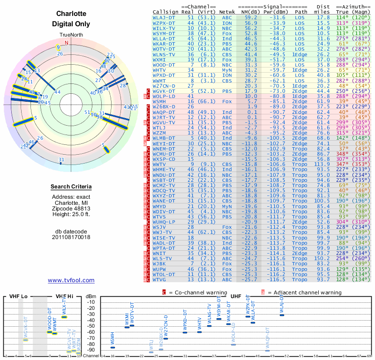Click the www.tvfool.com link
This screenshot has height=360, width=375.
coord(71,280)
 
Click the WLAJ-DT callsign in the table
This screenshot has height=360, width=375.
coord(164,17)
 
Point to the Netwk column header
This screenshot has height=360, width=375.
coord(227,12)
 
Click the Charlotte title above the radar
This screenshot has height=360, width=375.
coord(71,14)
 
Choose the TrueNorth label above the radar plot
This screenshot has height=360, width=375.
coord(70,36)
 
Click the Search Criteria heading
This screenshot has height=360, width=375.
coord(71,187)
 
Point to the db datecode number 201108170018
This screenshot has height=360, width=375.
coord(71,237)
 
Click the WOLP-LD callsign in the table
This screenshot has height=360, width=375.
coord(164,96)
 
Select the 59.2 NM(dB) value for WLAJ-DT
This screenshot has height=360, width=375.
coord(250,17)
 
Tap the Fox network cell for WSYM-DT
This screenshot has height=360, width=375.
coord(226,33)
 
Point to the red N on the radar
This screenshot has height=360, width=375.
coord(66,43)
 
